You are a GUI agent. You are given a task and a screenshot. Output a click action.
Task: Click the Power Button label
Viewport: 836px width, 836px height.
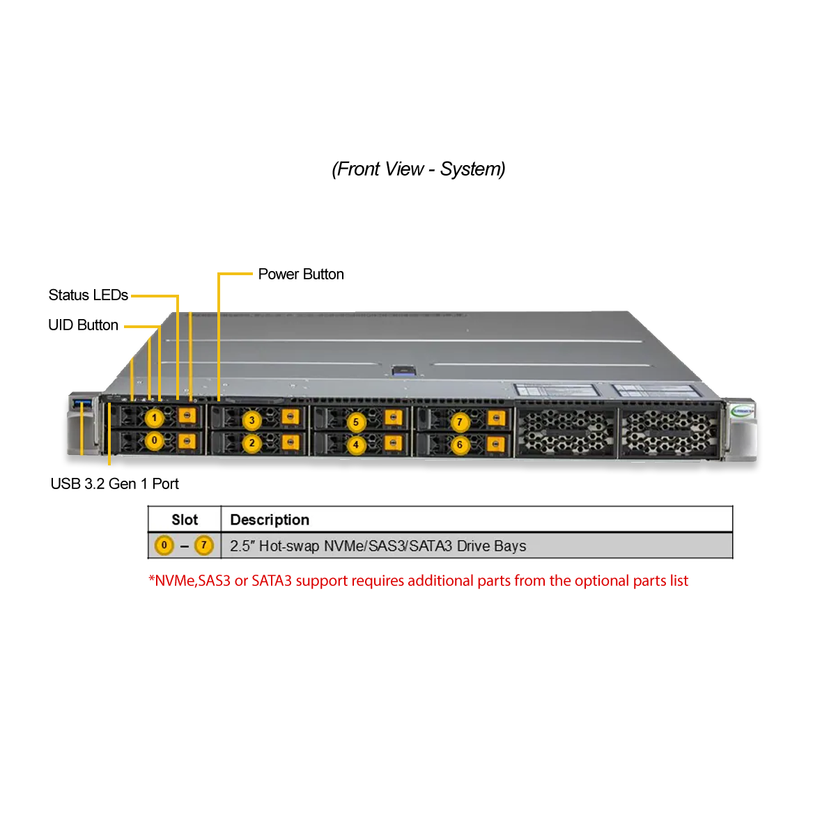[x=301, y=274]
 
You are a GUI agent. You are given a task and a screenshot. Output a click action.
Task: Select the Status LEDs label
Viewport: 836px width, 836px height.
[x=88, y=295]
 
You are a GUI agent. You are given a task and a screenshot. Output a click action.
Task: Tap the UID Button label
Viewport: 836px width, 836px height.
[x=84, y=325]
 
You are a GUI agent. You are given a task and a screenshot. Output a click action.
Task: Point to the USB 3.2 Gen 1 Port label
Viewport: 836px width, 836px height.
[x=114, y=483]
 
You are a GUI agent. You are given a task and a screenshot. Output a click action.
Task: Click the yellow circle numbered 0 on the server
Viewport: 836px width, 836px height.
[x=154, y=440]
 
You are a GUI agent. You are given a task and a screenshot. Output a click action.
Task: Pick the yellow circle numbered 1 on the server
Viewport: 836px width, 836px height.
[x=154, y=418]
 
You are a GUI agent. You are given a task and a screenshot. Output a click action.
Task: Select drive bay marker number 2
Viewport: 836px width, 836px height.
[x=251, y=443]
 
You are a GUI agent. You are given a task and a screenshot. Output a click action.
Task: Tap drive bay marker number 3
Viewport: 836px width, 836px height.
[x=251, y=420]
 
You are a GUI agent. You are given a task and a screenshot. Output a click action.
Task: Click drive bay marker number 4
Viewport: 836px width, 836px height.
[x=356, y=444]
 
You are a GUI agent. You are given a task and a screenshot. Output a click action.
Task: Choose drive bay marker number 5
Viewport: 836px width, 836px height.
[x=356, y=422]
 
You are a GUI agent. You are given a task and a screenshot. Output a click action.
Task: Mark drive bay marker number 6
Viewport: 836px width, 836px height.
[x=460, y=444]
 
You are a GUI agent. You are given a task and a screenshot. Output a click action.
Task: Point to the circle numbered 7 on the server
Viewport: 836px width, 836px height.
[x=460, y=421]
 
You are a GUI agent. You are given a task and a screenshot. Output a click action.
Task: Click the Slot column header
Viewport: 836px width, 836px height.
[x=185, y=520]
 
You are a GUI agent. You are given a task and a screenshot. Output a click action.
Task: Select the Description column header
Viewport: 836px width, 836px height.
[x=270, y=520]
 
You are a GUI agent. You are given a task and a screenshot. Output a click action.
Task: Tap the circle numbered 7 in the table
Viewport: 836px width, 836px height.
[x=204, y=545]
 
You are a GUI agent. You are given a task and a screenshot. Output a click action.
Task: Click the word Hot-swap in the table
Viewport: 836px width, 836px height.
[x=289, y=545]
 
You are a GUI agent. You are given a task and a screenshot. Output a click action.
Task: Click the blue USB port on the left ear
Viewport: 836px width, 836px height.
[x=83, y=404]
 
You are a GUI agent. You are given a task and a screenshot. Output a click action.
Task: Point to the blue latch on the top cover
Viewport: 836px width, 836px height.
[x=408, y=371]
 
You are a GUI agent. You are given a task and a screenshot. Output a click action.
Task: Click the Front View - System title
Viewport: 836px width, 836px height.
[x=418, y=169]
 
